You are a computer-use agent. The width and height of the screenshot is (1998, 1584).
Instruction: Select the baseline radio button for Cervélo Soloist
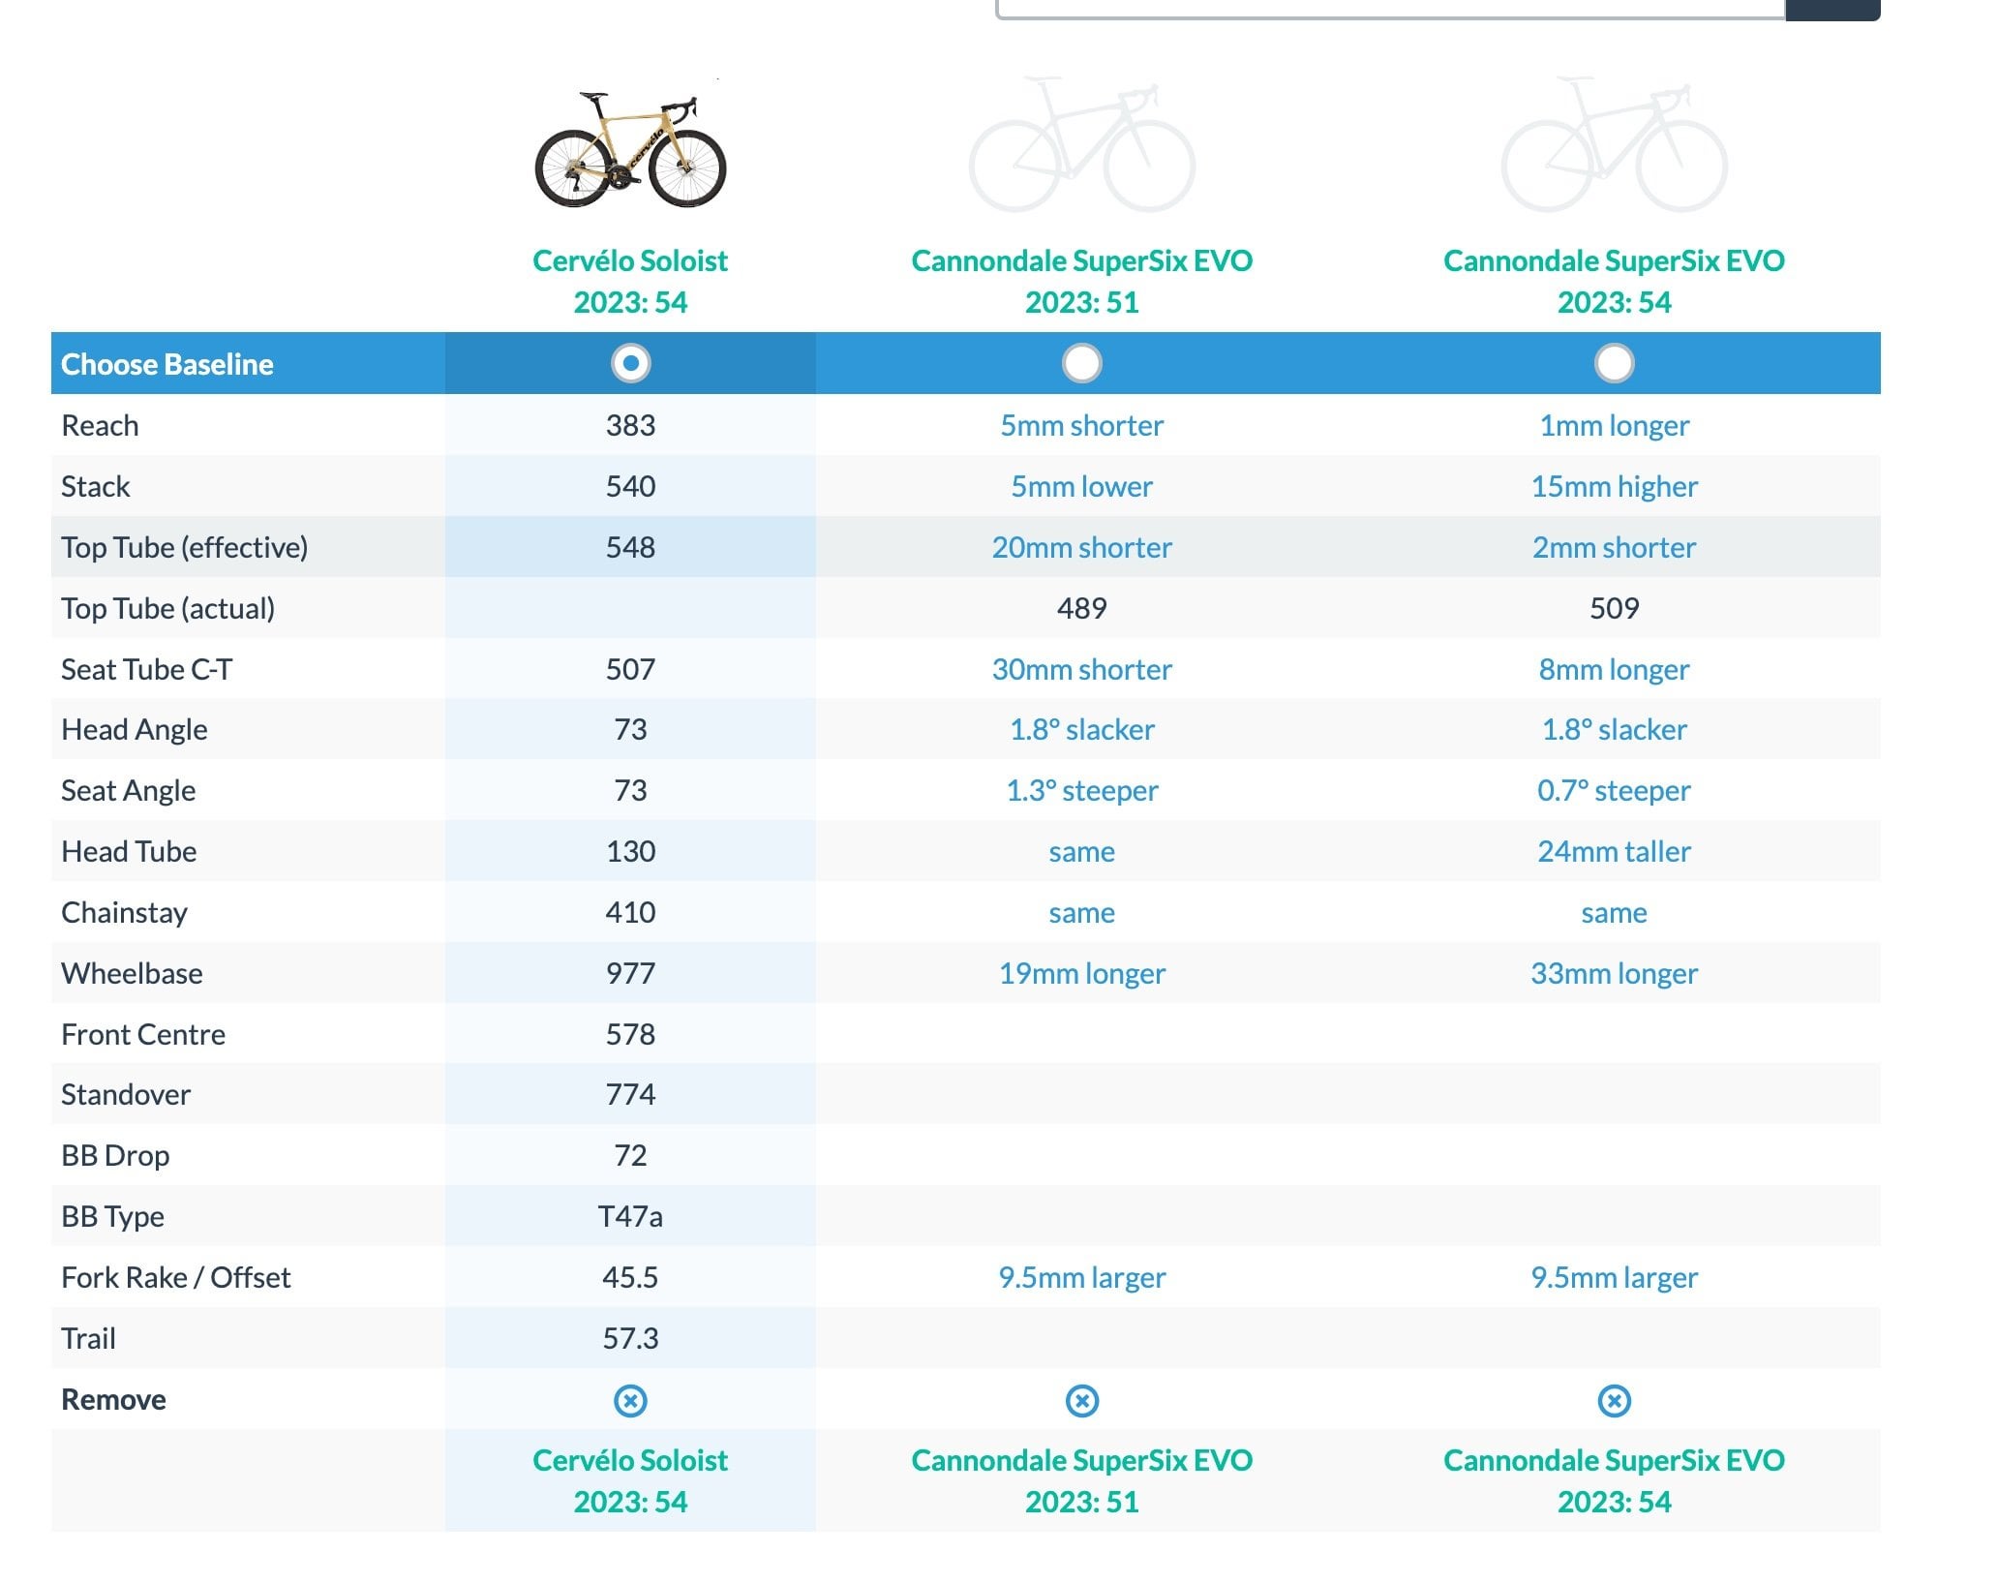630,363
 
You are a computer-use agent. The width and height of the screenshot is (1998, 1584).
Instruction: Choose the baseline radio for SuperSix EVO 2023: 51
1081,363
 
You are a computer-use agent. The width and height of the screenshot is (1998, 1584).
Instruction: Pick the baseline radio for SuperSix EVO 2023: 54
1614,363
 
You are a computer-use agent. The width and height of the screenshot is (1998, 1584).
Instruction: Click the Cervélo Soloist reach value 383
630,425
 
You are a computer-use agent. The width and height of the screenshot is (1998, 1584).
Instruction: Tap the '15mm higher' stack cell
1614,486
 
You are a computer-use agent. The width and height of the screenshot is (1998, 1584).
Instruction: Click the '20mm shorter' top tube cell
1081,547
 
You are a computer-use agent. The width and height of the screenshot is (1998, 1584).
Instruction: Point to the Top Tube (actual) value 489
1081,608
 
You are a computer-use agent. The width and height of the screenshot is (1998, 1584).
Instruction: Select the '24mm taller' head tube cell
1614,851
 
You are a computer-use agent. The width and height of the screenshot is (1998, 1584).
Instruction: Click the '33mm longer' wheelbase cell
1614,973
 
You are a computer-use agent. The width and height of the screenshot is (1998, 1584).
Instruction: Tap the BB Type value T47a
630,1216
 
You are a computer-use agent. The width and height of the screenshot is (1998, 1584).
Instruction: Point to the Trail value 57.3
630,1338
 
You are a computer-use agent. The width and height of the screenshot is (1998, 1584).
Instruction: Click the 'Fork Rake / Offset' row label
175,1277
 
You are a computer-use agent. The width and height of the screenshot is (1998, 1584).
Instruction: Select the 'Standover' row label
126,1094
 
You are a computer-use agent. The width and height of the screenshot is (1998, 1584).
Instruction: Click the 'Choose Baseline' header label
167,364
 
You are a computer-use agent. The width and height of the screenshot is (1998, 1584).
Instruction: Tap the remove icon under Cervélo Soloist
630,1400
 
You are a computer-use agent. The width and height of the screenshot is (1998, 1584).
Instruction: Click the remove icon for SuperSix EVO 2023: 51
1081,1400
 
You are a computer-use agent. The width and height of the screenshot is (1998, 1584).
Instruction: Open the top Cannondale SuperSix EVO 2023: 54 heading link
1614,281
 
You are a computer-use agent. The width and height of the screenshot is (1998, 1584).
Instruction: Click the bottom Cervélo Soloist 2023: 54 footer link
630,1480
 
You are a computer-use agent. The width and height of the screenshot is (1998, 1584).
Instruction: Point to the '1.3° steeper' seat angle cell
1081,790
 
